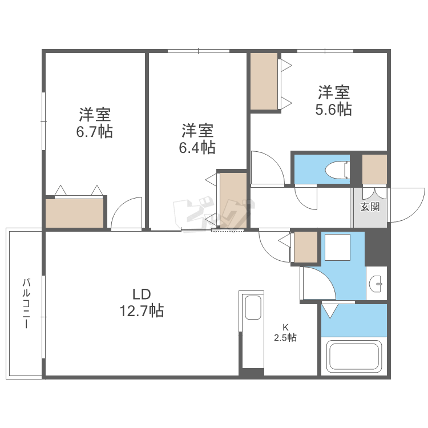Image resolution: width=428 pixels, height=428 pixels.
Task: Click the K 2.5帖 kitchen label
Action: [x=285, y=332]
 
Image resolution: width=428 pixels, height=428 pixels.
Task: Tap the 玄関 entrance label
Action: [x=369, y=207]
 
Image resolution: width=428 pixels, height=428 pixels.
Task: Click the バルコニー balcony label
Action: [x=26, y=302]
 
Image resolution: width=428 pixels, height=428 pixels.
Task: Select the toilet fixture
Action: [x=336, y=170]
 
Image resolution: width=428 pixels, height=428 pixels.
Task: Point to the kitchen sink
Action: [x=253, y=308]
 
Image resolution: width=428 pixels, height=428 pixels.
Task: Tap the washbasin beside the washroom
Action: [x=376, y=283]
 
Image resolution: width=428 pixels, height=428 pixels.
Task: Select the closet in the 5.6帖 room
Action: [x=264, y=80]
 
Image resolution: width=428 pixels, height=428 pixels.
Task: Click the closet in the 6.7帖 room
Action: [x=75, y=213]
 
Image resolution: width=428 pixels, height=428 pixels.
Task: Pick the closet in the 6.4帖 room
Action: [x=233, y=200]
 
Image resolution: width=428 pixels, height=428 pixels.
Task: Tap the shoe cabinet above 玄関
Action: [x=374, y=169]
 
